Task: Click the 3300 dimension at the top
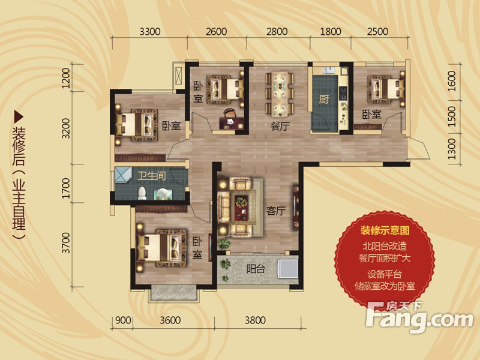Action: (150, 32)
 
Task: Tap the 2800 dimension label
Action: (277, 32)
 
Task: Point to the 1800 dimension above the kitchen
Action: (331, 32)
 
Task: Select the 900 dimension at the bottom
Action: (123, 320)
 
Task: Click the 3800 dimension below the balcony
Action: (255, 320)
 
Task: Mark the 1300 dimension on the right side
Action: (452, 149)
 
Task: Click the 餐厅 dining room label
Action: (280, 126)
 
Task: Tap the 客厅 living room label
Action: (276, 211)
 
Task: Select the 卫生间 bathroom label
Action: (152, 176)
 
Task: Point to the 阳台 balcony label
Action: (256, 269)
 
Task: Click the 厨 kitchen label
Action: (324, 100)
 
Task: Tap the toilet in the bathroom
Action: (142, 193)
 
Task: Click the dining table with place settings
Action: (280, 94)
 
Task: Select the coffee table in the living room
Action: (242, 208)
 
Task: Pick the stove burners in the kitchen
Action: (343, 93)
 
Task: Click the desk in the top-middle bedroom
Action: (232, 123)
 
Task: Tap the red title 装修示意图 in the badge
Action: (385, 230)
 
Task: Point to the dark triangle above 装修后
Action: (19, 116)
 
